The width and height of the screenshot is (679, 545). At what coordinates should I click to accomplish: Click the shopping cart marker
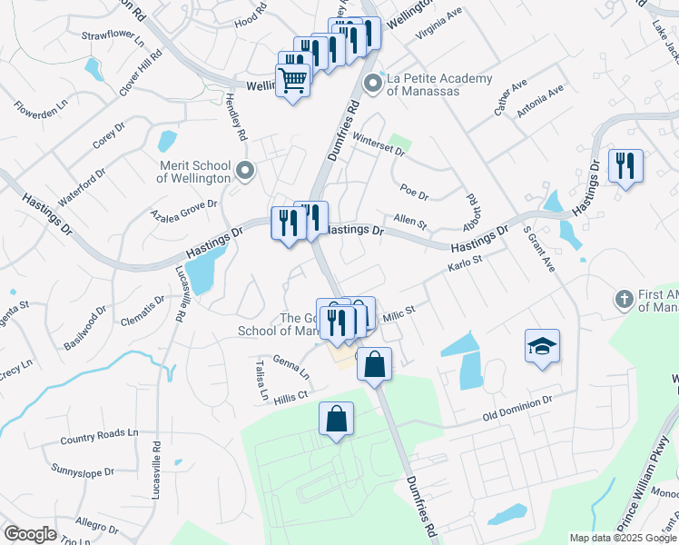point(292,80)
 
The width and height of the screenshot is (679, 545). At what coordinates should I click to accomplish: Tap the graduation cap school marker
point(542,346)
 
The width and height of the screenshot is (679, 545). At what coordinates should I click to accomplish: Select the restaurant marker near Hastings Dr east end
point(625,166)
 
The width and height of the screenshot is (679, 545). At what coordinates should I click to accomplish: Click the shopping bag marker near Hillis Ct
point(336,420)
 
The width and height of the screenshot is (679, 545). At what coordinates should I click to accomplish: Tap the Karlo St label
point(464,265)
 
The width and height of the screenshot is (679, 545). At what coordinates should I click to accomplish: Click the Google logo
point(30,534)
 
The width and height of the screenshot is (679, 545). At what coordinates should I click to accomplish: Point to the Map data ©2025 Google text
point(623,538)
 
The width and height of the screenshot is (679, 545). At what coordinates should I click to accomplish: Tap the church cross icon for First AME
point(624,299)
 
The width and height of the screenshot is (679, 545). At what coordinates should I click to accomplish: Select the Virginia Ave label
point(439,24)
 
